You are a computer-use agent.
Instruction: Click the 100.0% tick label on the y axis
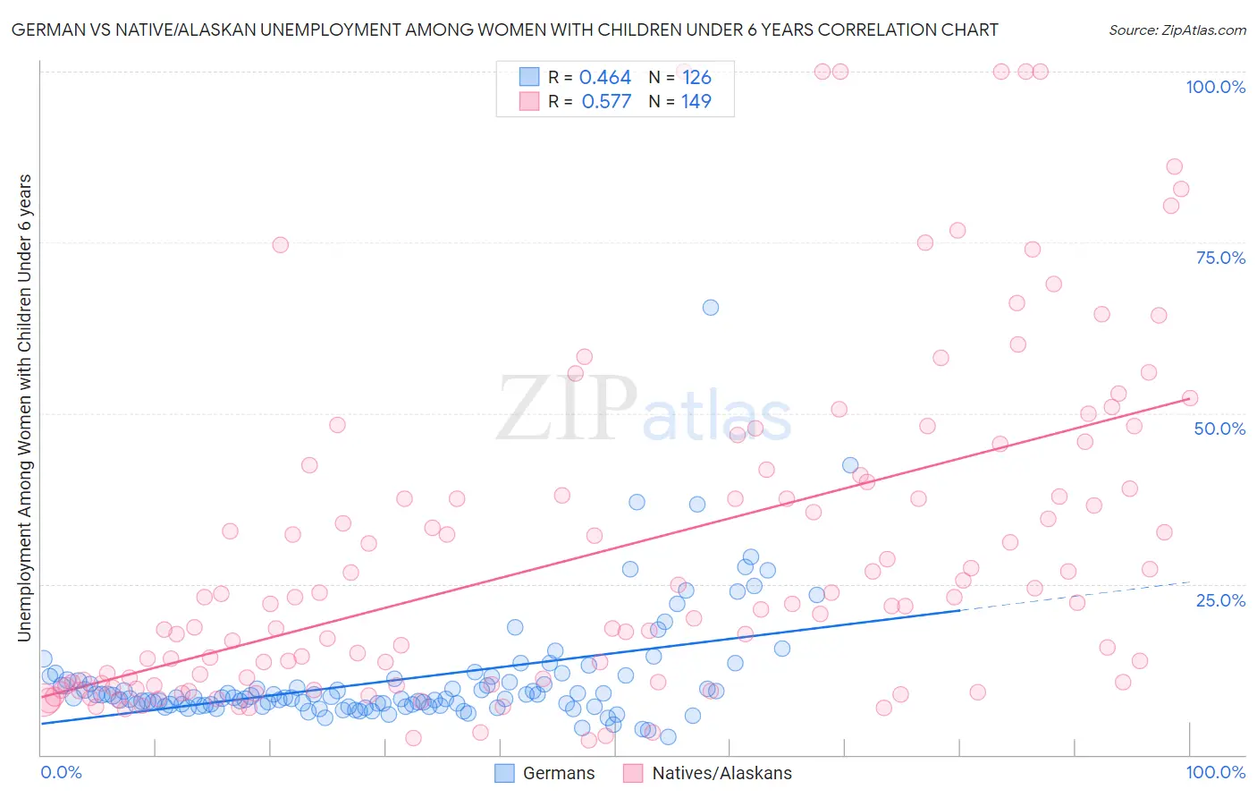coord(1215,87)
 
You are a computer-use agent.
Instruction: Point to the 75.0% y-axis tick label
coord(1220,258)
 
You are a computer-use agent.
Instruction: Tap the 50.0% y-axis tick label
coord(1219,429)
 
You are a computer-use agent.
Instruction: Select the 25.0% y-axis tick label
coord(1220,599)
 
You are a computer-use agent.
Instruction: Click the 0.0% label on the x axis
coord(61,772)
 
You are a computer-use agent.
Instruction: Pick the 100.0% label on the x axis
coord(1215,772)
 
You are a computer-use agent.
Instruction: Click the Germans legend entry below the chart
coord(545,773)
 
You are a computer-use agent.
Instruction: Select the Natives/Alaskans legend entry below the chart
coord(707,773)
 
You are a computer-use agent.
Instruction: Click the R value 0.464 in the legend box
coord(605,78)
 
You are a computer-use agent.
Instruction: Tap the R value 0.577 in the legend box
coord(606,102)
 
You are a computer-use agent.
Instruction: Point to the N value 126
coord(696,78)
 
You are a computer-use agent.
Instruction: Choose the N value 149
coord(696,102)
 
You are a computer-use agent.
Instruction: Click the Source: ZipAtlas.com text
coord(1177,30)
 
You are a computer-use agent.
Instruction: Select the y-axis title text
coord(25,408)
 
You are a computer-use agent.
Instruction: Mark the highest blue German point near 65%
coord(711,307)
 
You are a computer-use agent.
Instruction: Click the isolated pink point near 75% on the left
coord(280,245)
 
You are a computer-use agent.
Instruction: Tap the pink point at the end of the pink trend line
coord(1189,398)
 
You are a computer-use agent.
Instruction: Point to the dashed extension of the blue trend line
coord(1073,596)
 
